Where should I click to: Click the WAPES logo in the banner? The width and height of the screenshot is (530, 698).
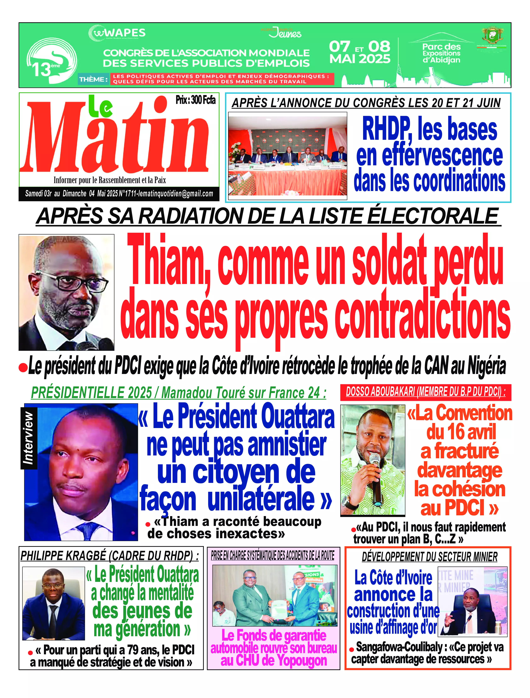[x=117, y=33]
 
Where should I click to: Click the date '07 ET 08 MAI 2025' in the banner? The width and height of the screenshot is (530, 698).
[x=360, y=52]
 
